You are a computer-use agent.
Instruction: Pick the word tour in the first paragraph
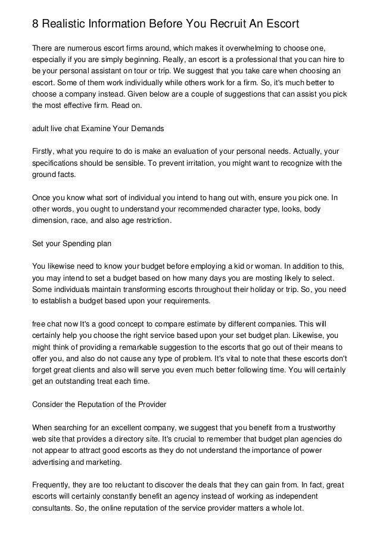[x=158, y=71]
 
